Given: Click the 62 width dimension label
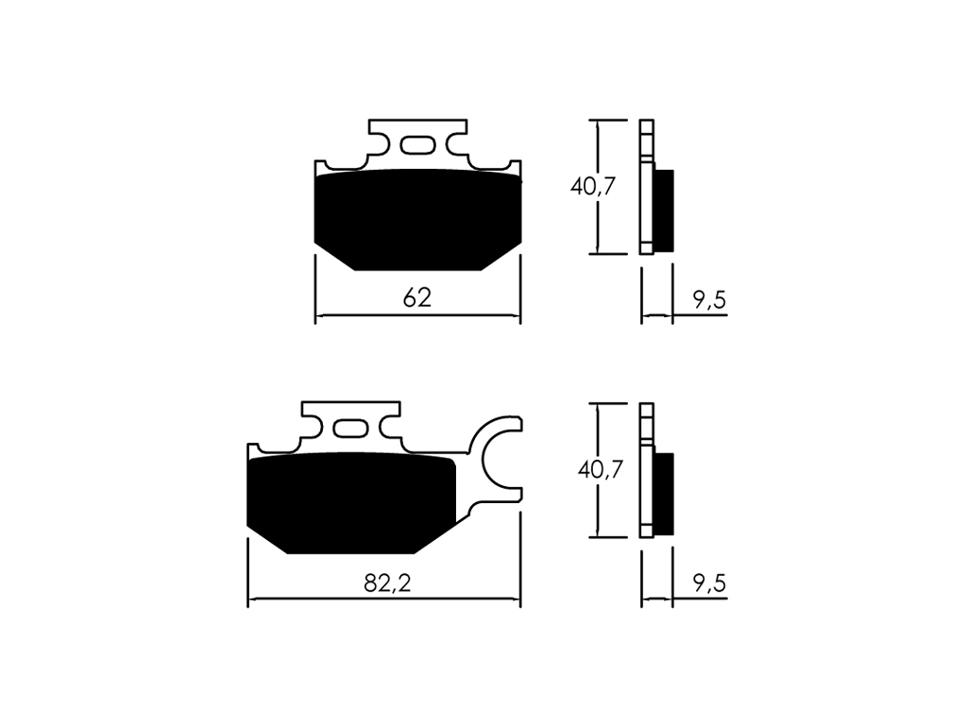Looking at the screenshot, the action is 416,297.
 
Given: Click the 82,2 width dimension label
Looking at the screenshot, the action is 387,582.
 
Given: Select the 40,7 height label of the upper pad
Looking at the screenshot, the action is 593,186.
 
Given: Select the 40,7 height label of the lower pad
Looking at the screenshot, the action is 600,470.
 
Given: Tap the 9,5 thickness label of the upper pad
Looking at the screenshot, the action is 710,300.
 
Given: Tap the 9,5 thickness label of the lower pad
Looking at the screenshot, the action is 710,583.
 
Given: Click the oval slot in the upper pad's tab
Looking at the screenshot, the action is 418,145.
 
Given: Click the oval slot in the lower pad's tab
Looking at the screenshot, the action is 351,429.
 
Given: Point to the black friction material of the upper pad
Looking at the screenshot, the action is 417,219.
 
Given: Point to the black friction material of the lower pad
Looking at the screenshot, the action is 351,502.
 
